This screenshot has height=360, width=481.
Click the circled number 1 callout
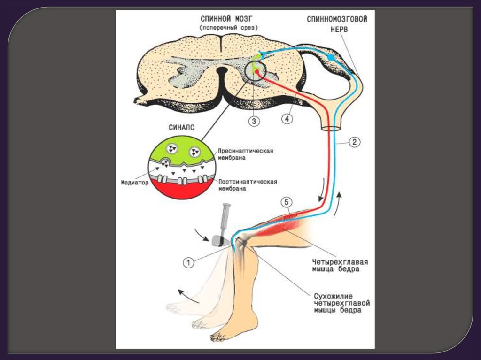tap(188, 263)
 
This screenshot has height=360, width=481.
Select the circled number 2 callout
tap(355, 142)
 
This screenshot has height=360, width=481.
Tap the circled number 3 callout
tap(254, 121)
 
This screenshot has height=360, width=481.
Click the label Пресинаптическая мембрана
tap(246, 155)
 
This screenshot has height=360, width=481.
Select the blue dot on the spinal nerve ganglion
tap(331, 57)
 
